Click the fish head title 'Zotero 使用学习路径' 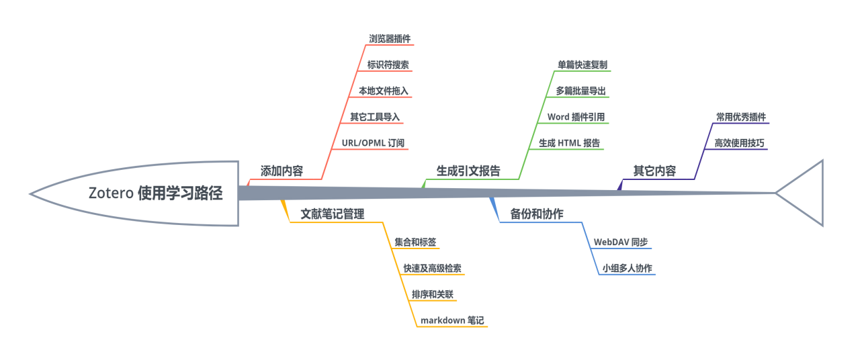(x=155, y=193)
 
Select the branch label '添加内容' (x=282, y=171)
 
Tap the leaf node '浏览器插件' (x=390, y=39)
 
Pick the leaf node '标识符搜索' (x=388, y=65)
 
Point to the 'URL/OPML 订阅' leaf (x=373, y=143)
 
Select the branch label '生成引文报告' (x=468, y=171)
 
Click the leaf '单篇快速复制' (x=582, y=65)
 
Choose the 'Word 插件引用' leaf (x=576, y=117)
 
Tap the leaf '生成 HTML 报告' (x=570, y=143)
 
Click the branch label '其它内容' (x=654, y=171)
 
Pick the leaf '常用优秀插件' (x=740, y=117)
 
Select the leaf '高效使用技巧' (x=739, y=143)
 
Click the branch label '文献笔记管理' (x=333, y=214)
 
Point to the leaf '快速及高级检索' (x=432, y=268)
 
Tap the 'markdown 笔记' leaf (x=452, y=320)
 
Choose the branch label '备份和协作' (x=537, y=214)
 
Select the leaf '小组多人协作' (x=627, y=268)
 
